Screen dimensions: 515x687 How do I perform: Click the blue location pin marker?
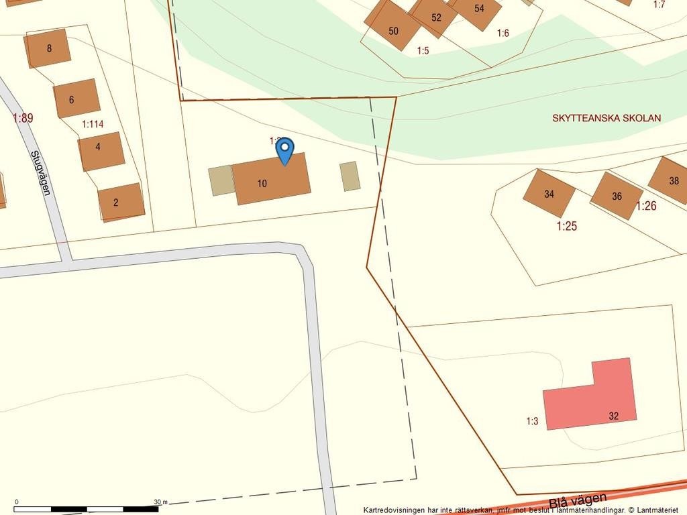pyautogui.click(x=285, y=150)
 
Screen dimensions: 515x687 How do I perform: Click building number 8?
pyautogui.click(x=48, y=48)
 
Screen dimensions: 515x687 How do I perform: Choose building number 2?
pyautogui.click(x=121, y=202)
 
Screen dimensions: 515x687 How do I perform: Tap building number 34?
pyautogui.click(x=549, y=193)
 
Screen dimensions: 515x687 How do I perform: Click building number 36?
pyautogui.click(x=616, y=196)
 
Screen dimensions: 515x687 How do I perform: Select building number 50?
pyautogui.click(x=392, y=29)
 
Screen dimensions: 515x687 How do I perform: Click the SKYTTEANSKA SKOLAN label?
pyautogui.click(x=606, y=118)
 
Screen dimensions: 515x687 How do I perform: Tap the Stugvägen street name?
pyautogui.click(x=40, y=172)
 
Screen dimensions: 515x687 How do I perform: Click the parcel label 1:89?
pyautogui.click(x=23, y=118)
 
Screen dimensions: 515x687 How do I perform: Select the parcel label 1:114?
pyautogui.click(x=93, y=124)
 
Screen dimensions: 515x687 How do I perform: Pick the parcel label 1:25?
pyautogui.click(x=567, y=226)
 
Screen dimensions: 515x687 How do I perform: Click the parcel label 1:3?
pyautogui.click(x=532, y=422)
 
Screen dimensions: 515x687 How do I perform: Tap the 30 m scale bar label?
pyautogui.click(x=160, y=502)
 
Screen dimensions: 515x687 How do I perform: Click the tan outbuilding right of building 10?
pyautogui.click(x=350, y=176)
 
